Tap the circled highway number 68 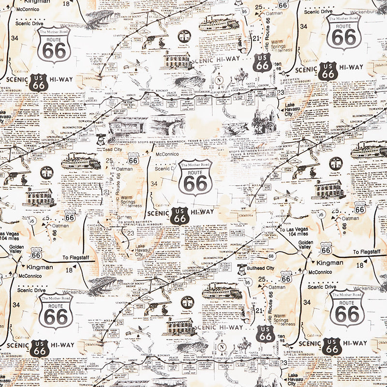click(271, 256)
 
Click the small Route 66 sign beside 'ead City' click(133, 159)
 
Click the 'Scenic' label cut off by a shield click(163, 169)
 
